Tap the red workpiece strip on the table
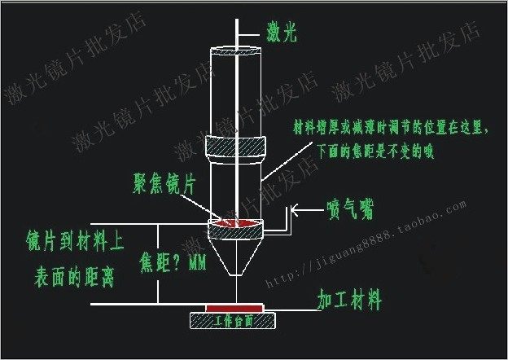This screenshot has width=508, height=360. (x=234, y=308)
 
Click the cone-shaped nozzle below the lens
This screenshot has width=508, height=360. (x=237, y=248)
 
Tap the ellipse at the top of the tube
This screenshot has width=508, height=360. (x=236, y=52)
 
